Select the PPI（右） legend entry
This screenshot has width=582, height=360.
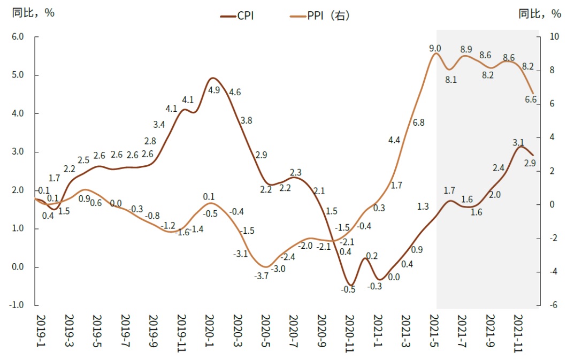tap(328, 16)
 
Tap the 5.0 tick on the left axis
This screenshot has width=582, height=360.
tap(18, 75)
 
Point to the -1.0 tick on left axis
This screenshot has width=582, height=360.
tap(17, 305)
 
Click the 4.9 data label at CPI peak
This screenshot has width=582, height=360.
tap(214, 90)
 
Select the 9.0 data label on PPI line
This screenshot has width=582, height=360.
tap(435, 49)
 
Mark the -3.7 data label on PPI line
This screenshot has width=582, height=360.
tap(262, 276)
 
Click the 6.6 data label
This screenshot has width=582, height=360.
tap(531, 99)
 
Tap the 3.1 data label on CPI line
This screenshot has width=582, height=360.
tap(518, 142)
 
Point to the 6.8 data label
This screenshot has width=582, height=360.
tap(419, 122)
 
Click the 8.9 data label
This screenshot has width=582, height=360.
tap(466, 49)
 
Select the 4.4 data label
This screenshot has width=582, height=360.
tap(394, 140)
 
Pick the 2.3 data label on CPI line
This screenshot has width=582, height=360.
tap(295, 172)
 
